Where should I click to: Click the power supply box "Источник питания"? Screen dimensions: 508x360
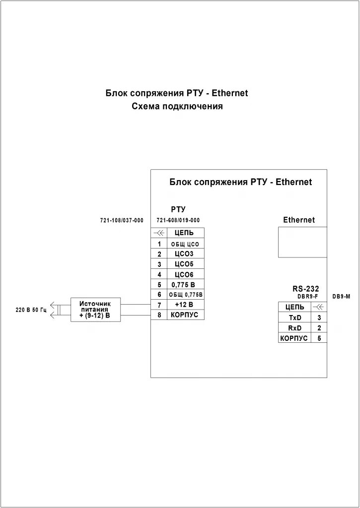[x=95, y=310]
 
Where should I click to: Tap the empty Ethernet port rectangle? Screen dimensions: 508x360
[x=302, y=242]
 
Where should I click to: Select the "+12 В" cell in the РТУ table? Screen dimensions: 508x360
[x=185, y=305]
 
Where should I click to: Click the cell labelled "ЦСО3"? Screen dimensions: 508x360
[x=185, y=254]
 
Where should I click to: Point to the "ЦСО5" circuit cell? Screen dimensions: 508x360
[x=185, y=264]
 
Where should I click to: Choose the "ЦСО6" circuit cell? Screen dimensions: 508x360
[x=185, y=274]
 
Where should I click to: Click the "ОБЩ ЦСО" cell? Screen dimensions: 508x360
[x=185, y=244]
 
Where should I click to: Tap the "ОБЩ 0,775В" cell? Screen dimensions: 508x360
[x=185, y=295]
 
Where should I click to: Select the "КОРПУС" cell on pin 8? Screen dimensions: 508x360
[x=185, y=315]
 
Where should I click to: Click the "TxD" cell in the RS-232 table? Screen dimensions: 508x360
[x=294, y=317]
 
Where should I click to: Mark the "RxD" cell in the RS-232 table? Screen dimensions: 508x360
[x=294, y=328]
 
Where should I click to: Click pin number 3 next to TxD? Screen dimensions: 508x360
[x=319, y=317]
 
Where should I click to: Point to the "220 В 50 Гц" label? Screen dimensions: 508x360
[x=31, y=310]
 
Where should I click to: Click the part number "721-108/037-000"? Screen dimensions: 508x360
[x=121, y=220]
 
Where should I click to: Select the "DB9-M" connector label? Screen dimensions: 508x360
[x=341, y=296]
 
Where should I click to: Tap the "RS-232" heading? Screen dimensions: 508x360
[x=305, y=289]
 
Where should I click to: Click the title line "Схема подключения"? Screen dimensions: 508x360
[x=177, y=106]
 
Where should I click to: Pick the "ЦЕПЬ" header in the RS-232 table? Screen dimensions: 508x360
[x=294, y=307]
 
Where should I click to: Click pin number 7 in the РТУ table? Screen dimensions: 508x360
[x=159, y=305]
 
